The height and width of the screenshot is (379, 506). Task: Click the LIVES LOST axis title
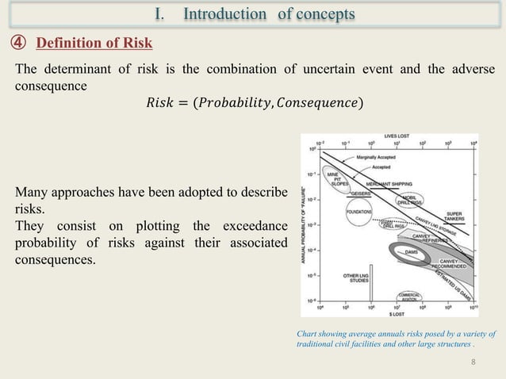click(x=395, y=136)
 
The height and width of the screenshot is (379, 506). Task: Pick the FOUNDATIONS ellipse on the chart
click(x=360, y=212)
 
